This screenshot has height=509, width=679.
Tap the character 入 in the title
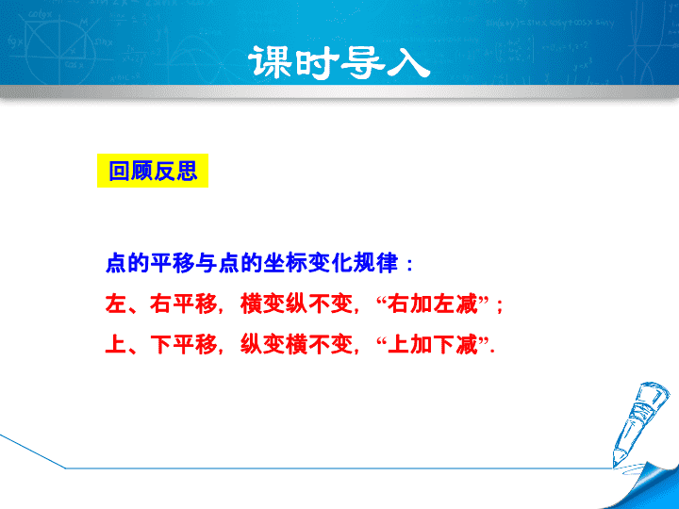coord(408,63)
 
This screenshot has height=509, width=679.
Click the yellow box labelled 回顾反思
coord(153,171)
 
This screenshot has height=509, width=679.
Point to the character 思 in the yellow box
coord(187,171)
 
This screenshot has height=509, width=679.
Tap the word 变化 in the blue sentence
coord(330,263)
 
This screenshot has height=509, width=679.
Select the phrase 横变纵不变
coord(297,304)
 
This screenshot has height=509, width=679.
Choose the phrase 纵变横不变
coord(297,345)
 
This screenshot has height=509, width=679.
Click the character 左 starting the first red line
coord(116,304)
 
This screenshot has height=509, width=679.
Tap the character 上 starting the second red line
coord(116,345)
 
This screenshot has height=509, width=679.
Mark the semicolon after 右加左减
coord(500,305)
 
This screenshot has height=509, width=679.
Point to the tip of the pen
coord(615,467)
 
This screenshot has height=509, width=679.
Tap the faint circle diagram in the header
coord(60,54)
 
